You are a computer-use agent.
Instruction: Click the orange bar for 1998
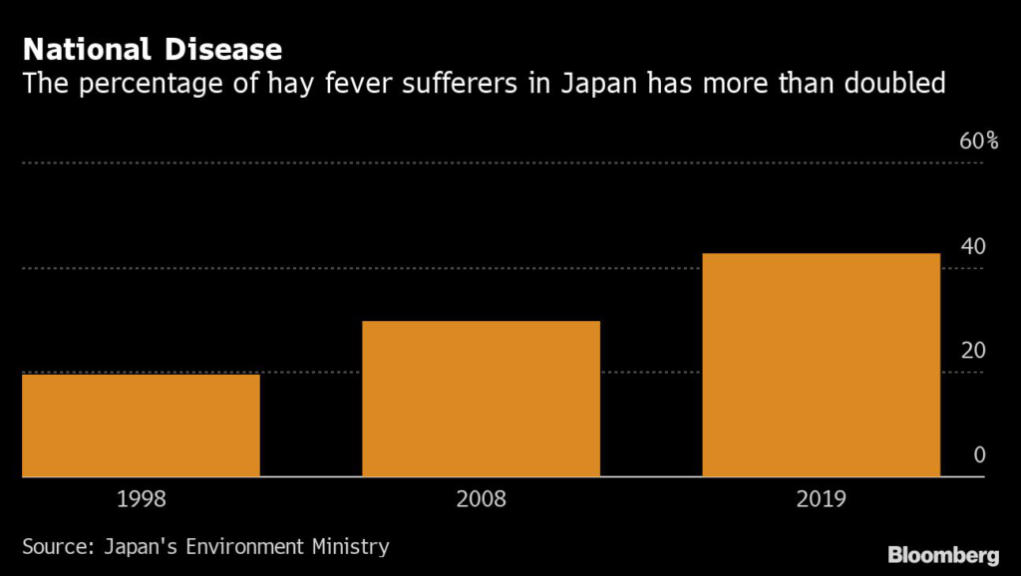pyautogui.click(x=141, y=426)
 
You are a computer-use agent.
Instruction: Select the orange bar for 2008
pyautogui.click(x=481, y=399)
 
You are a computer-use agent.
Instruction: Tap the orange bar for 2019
pyautogui.click(x=821, y=365)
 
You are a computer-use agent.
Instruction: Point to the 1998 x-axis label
pyautogui.click(x=141, y=498)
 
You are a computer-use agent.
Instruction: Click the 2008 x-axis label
pyautogui.click(x=481, y=498)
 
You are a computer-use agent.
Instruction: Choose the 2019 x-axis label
pyautogui.click(x=821, y=498)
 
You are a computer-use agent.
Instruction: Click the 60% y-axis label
pyautogui.click(x=978, y=141)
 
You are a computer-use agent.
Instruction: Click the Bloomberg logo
pyautogui.click(x=943, y=553)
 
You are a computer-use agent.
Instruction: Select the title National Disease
pyautogui.click(x=152, y=49)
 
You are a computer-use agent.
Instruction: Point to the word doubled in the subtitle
pyautogui.click(x=891, y=84)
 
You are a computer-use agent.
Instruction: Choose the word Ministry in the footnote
pyautogui.click(x=348, y=546)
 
